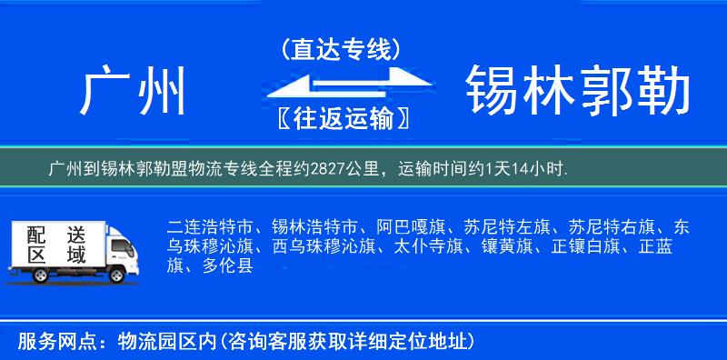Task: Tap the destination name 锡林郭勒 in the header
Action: [578, 91]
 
